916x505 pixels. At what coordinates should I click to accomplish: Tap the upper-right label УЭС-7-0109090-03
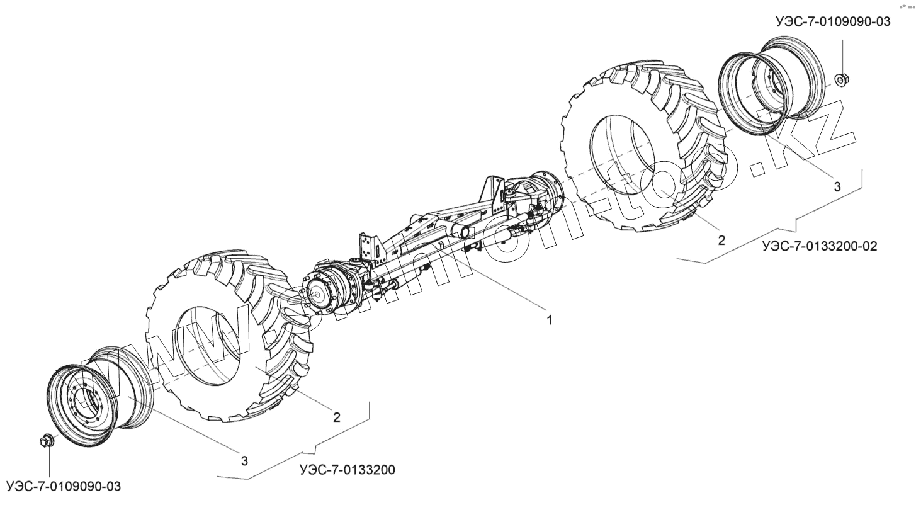click(x=833, y=21)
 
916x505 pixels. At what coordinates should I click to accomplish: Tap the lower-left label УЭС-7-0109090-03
click(x=63, y=487)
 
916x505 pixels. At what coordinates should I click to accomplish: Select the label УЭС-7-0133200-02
click(x=818, y=246)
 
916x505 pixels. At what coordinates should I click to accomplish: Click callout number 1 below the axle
click(x=549, y=320)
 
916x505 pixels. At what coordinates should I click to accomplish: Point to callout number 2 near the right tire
click(x=721, y=240)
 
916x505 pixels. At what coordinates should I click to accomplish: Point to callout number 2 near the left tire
click(x=337, y=417)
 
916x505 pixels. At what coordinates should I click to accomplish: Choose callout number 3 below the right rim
click(x=837, y=186)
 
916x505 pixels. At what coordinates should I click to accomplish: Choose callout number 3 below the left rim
click(x=244, y=460)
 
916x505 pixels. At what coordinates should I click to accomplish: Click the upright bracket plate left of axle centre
click(x=368, y=249)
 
